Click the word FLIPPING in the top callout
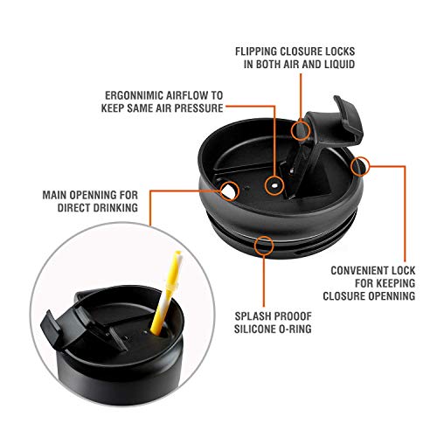tap(256, 52)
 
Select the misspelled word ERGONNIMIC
tap(133, 95)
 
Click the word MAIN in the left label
tap(54, 195)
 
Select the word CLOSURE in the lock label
tap(343, 296)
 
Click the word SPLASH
tap(251, 316)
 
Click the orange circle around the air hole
tap(274, 185)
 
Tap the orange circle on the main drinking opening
tap(230, 191)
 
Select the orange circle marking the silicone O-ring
tap(264, 245)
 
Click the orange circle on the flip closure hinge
tap(301, 130)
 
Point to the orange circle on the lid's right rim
tap(360, 167)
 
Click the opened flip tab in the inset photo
tap(54, 329)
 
